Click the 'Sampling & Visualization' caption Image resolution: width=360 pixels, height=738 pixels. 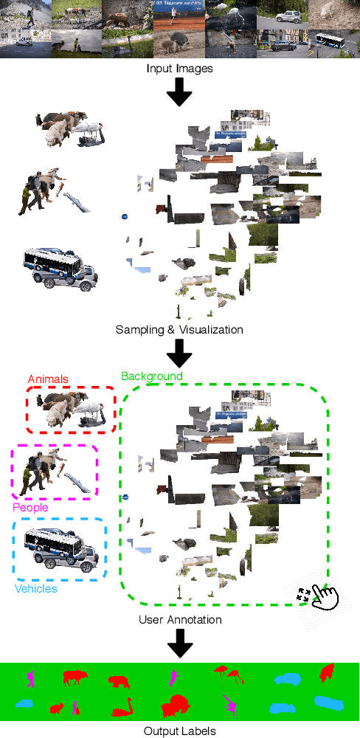pos(179,329)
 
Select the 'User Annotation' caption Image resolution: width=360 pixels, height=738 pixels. pos(180,619)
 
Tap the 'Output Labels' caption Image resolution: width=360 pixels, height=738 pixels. pos(180,731)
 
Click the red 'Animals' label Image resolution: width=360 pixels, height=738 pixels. pos(48,379)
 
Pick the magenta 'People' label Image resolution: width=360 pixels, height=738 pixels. pos(30,508)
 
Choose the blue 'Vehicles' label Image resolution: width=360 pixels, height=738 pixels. pos(36,588)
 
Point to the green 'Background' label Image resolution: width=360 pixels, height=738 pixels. pos(151,376)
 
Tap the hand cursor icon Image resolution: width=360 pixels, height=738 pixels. pos(325,596)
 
